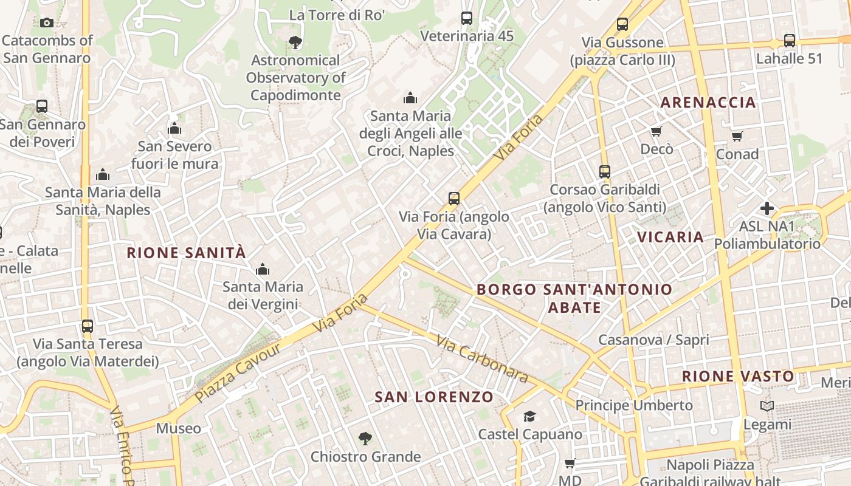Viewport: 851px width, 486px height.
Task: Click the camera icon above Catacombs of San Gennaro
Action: coord(47,23)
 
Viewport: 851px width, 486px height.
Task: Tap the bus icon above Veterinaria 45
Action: coord(467,18)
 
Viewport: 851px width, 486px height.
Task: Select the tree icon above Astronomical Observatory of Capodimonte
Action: coord(295,43)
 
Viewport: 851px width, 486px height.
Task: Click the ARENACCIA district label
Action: coord(708,102)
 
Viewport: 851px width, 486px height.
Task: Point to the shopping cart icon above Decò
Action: coord(656,132)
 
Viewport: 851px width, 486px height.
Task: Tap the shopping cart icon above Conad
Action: coord(737,136)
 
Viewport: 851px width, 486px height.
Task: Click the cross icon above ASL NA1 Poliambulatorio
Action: coord(767,209)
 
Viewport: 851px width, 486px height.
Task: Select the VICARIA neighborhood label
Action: coord(670,237)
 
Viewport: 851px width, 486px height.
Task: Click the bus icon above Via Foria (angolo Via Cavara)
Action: coord(454,198)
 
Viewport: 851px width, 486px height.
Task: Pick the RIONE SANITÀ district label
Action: coord(187,253)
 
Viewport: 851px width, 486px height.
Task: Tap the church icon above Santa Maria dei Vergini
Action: coord(263,269)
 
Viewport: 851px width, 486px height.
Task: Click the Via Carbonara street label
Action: coord(481,360)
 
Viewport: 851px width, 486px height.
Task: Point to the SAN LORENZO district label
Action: coord(434,397)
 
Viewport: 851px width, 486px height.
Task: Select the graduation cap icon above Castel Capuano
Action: coord(530,416)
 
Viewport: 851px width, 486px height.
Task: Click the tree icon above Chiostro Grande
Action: coord(365,438)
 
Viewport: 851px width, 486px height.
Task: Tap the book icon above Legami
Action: coord(767,406)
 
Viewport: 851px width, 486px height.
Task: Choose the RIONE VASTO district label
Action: coord(737,377)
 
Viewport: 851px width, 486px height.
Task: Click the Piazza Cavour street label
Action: coord(239,372)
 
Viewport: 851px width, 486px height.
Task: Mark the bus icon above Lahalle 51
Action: coord(790,41)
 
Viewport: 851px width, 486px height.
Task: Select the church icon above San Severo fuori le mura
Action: coord(175,128)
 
